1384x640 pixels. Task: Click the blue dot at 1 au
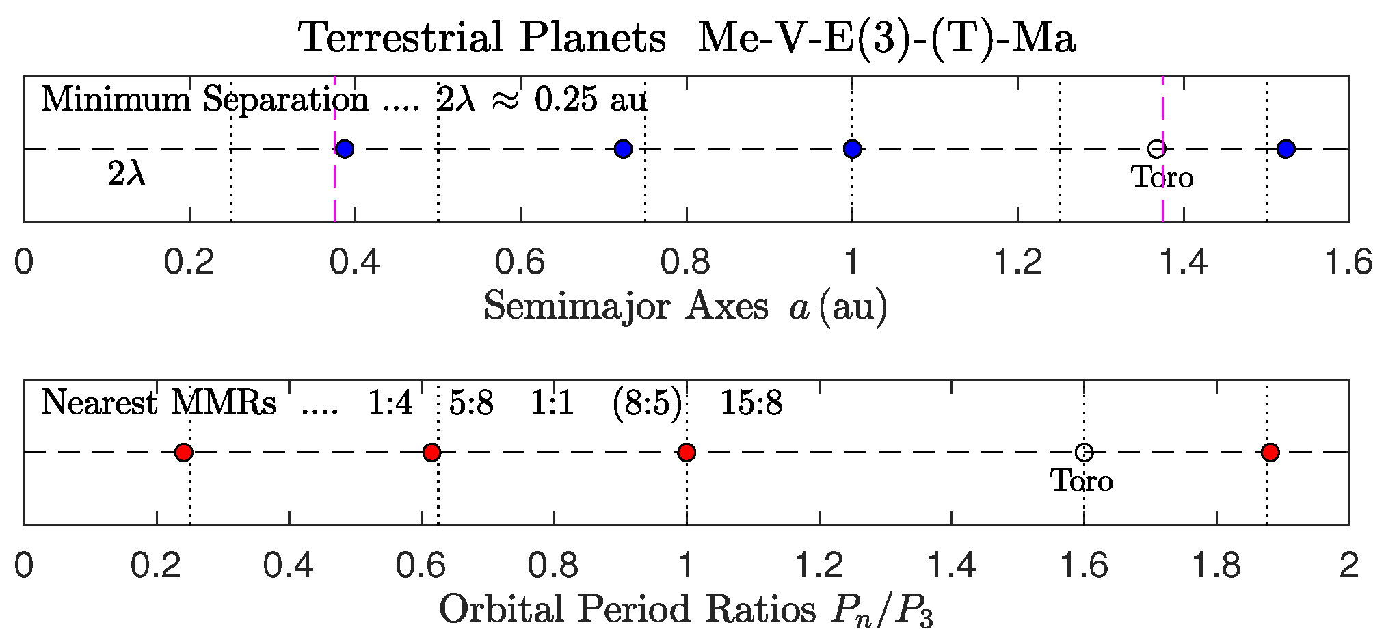pos(852,148)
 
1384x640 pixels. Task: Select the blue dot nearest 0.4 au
pos(345,148)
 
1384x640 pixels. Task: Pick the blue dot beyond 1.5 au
pos(1286,148)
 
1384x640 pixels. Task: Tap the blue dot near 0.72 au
pos(623,148)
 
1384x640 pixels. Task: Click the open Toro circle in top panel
pos(1156,148)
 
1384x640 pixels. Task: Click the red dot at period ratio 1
pos(687,452)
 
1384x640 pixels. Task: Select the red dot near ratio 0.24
pos(183,452)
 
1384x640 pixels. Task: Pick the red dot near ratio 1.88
pos(1270,452)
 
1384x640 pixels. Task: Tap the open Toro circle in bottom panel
pos(1084,452)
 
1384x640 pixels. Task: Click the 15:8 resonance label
pos(751,403)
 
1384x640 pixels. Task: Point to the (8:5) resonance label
pos(647,403)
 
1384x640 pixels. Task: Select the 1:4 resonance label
pos(390,403)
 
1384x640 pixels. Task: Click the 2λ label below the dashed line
pos(127,175)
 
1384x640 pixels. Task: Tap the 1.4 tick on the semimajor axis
pos(1184,263)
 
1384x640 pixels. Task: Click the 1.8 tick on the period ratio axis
pos(1216,566)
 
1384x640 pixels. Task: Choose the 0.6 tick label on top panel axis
pos(520,263)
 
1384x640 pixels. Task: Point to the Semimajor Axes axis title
pos(685,306)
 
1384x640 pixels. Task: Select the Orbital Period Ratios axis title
pos(685,610)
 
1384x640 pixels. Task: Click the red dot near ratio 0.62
pos(431,452)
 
